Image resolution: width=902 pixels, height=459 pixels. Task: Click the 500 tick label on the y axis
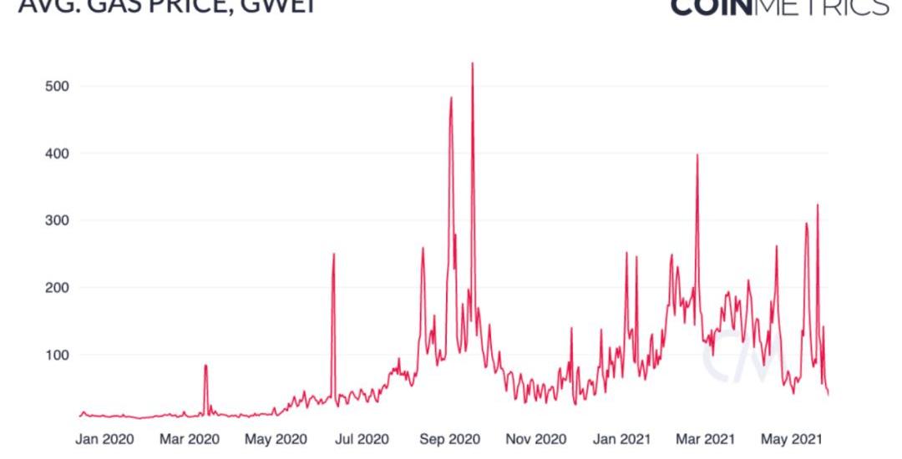(x=56, y=86)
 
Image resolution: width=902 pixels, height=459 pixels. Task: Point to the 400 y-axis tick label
(x=56, y=154)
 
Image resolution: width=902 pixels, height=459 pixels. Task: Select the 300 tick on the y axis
(x=56, y=220)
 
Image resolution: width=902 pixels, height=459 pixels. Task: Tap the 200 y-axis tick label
(x=56, y=287)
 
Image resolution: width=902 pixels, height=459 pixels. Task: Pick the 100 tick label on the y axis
(x=56, y=355)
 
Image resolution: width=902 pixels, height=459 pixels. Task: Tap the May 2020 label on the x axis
(x=276, y=438)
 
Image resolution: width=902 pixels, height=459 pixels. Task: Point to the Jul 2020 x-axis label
(x=362, y=438)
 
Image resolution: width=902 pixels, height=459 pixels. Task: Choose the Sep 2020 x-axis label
(x=449, y=438)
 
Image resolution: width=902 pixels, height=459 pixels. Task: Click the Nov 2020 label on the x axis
(x=535, y=438)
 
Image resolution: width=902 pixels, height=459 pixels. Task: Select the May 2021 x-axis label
(x=789, y=438)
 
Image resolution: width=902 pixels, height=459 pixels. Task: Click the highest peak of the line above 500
(x=473, y=63)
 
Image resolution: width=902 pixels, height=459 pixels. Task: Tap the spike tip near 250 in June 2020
(x=333, y=254)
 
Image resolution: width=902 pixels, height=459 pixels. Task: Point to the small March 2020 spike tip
(x=205, y=365)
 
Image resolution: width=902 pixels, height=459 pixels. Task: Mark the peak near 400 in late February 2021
(x=697, y=154)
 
